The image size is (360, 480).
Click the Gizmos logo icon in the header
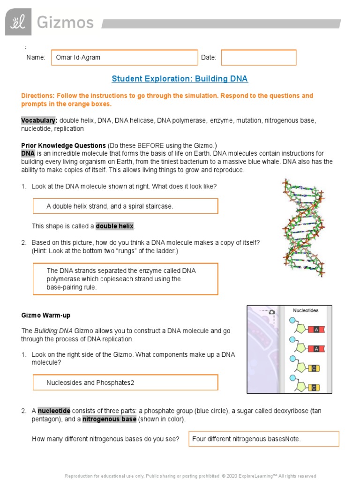coord(18,22)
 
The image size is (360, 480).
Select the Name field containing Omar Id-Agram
coord(124,58)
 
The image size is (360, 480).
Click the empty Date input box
coord(259,58)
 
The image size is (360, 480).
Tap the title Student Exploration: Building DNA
coord(180,79)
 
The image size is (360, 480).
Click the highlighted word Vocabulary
coord(32,120)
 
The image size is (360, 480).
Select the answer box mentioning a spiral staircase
coord(125,206)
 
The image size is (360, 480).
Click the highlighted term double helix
coord(115,226)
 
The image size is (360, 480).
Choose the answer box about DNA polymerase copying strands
coord(125,279)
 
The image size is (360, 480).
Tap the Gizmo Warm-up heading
coord(45,315)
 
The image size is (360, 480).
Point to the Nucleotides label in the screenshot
coord(306,310)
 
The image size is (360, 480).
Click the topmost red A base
coord(316,330)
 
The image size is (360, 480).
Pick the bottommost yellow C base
coord(314,387)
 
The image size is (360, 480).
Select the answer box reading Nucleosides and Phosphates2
coord(125,382)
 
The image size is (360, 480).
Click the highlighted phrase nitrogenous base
coord(109,419)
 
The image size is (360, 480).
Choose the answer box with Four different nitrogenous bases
coord(263,439)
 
